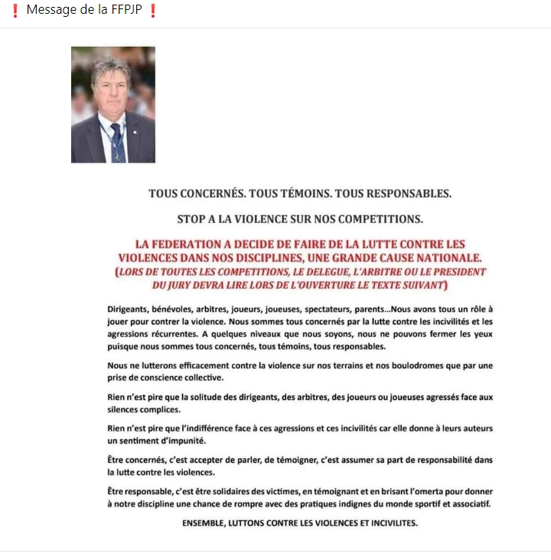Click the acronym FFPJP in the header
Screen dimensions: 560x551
tap(126, 12)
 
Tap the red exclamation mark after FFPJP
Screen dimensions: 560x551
tap(153, 12)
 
